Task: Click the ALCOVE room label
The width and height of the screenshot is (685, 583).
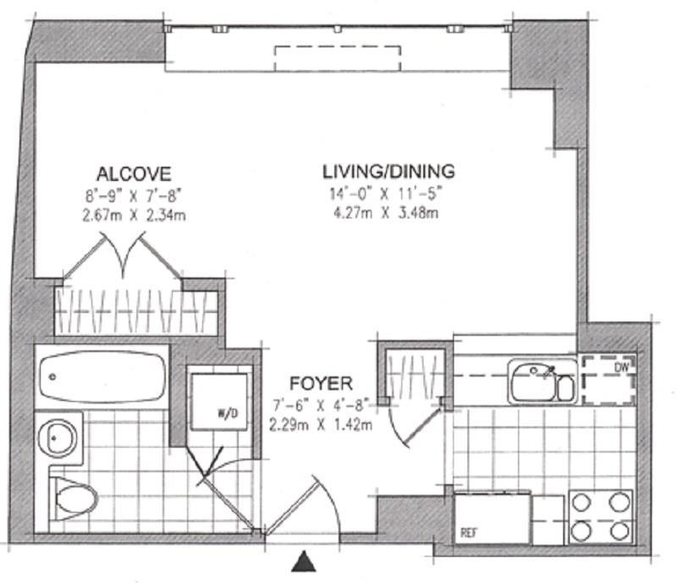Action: pos(134,173)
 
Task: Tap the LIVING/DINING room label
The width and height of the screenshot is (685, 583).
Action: pos(389,171)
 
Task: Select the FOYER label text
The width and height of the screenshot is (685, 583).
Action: pos(319,382)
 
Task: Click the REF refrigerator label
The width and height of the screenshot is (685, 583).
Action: pos(467,533)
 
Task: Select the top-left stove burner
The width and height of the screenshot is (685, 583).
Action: pos(583,501)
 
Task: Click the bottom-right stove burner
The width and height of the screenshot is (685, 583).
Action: pos(619,531)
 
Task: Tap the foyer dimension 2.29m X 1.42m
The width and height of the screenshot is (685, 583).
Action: pos(320,423)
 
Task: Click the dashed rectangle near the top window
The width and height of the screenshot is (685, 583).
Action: pos(337,58)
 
